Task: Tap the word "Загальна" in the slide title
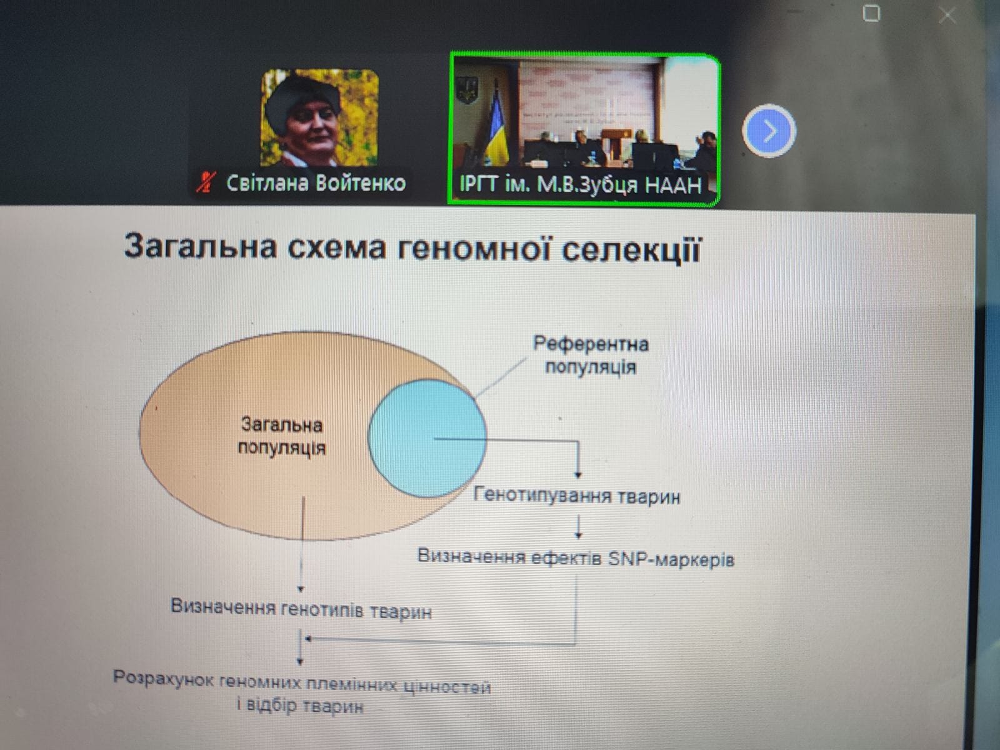click(201, 246)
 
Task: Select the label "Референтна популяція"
click(591, 355)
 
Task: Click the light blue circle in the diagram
click(427, 438)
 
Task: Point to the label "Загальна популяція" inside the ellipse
click(281, 436)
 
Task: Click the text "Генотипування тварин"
click(577, 496)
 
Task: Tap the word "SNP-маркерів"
click(671, 559)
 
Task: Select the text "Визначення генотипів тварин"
click(301, 609)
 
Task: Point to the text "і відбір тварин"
click(300, 706)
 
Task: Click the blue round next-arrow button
click(769, 131)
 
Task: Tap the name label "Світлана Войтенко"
click(316, 183)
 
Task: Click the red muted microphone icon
click(206, 182)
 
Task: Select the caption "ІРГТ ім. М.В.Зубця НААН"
click(581, 185)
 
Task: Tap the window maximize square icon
click(871, 13)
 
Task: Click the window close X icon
click(947, 15)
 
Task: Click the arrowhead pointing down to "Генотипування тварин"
click(578, 474)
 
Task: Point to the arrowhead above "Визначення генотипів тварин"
click(300, 589)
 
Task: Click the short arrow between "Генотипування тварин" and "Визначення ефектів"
click(578, 527)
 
